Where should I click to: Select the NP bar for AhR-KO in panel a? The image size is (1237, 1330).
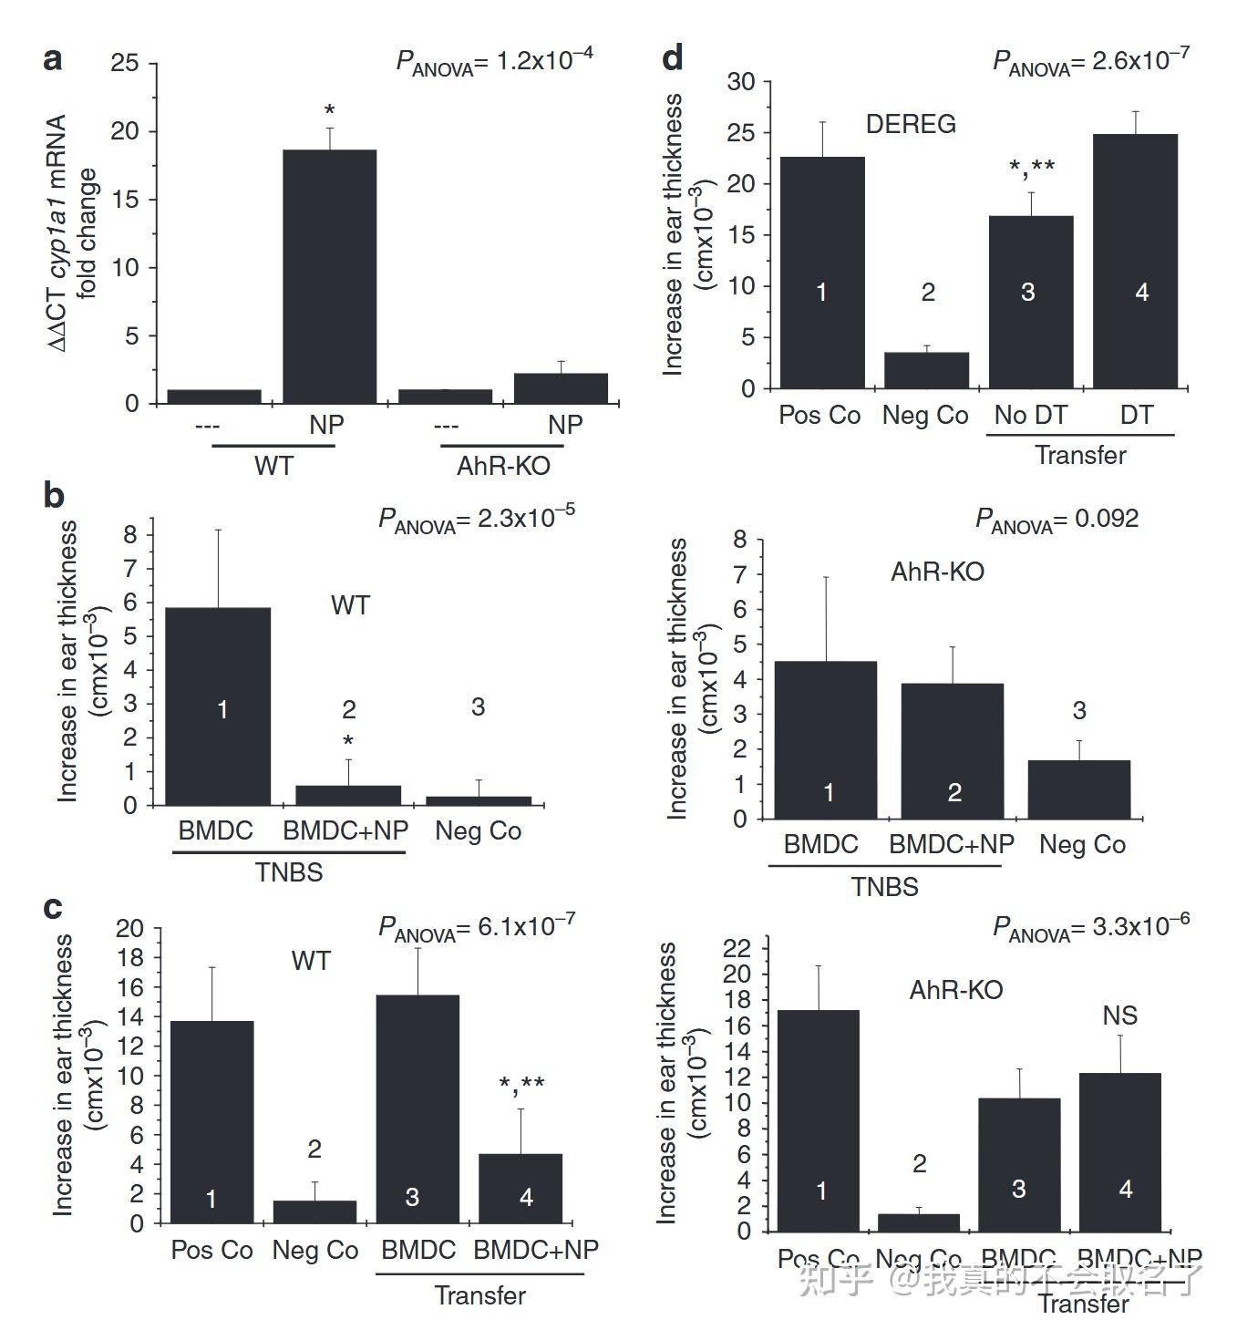(561, 388)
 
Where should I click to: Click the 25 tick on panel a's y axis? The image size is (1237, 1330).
(125, 63)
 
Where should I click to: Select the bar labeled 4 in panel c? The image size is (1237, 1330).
(520, 1188)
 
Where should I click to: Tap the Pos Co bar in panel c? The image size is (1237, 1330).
(211, 1121)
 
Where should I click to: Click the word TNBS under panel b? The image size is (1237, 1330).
(289, 872)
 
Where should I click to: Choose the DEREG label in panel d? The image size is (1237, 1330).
(911, 124)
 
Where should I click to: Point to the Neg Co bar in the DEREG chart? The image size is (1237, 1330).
(926, 370)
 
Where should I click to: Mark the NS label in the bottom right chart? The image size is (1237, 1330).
(1119, 1016)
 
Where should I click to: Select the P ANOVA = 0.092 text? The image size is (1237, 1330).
(1057, 520)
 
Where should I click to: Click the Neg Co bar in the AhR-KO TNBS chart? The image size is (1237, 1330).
(1079, 789)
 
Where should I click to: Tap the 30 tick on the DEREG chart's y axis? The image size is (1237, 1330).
(741, 82)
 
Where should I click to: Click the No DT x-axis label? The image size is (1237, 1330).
(1030, 416)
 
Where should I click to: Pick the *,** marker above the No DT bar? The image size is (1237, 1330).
(1032, 167)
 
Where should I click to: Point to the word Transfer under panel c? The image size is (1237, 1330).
(479, 1295)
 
